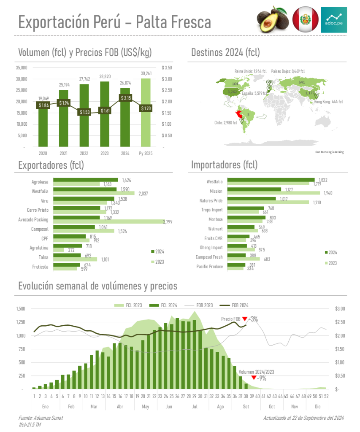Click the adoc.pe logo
(334, 19)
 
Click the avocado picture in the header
(272, 20)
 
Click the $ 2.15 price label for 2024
(125, 98)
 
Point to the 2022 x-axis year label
(84, 154)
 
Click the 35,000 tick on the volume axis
(21, 67)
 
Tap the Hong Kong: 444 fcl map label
(328, 102)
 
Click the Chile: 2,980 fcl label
(226, 123)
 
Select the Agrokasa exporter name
(40, 182)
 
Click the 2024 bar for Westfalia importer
(271, 180)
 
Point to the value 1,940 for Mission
(328, 193)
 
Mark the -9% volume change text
(262, 378)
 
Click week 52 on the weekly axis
(326, 396)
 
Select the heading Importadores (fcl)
(224, 165)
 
